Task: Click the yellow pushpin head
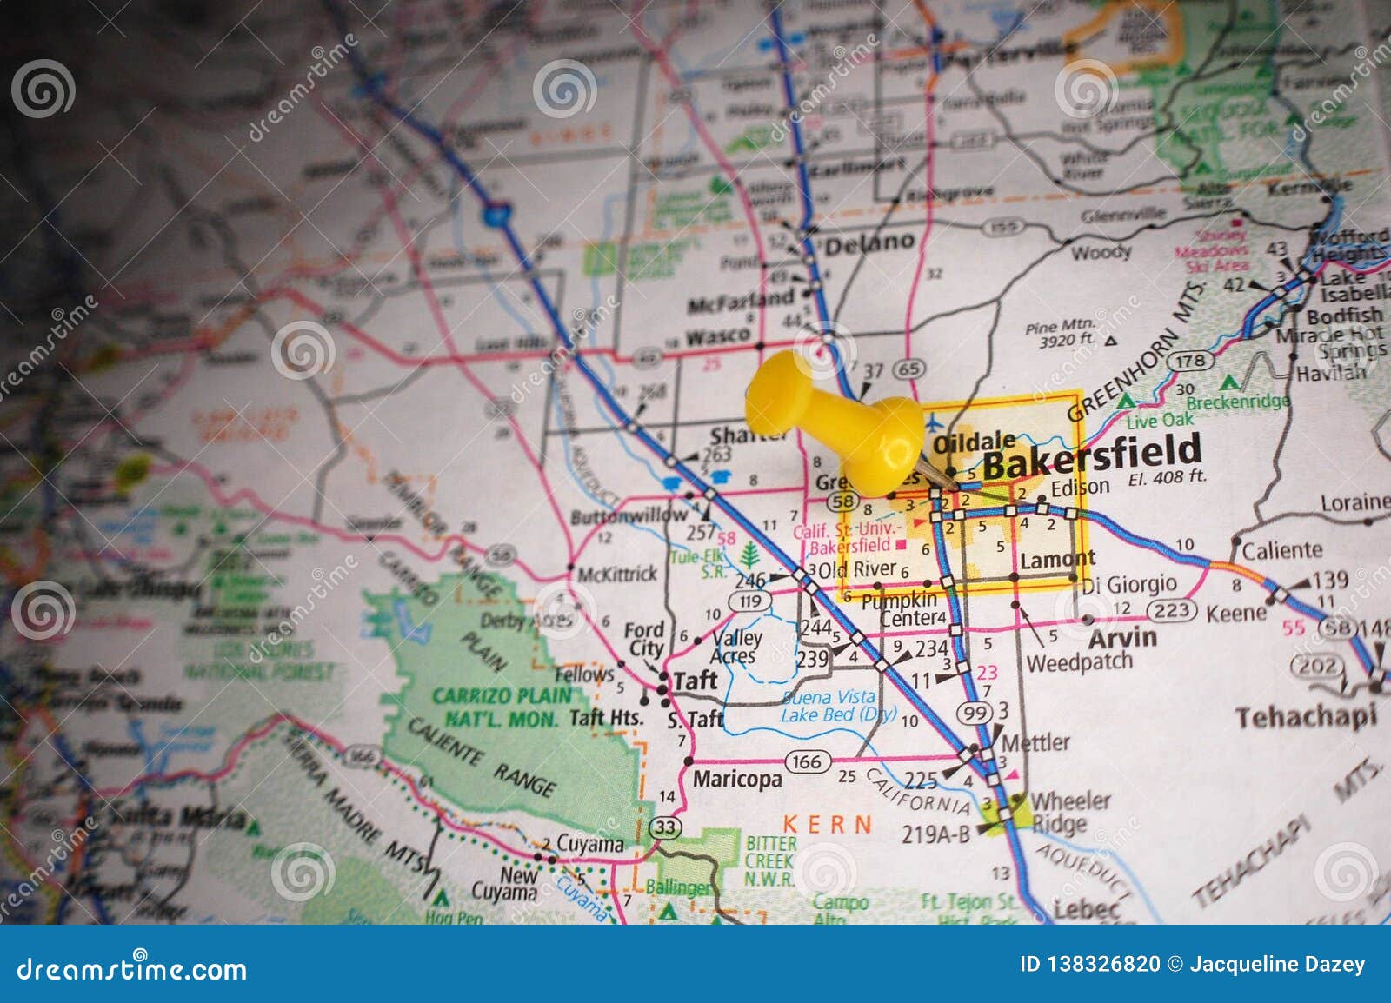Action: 787,393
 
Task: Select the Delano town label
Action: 869,243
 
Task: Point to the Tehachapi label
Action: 1306,717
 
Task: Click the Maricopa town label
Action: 736,779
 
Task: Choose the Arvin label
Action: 1122,638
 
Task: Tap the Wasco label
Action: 718,336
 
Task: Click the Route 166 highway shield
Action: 805,762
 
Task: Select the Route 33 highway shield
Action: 665,827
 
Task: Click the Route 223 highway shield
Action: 1171,610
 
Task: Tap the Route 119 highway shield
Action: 749,601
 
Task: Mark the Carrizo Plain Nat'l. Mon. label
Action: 502,707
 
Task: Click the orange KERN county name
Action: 828,824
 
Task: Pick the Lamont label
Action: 1057,561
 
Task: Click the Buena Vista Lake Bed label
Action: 827,707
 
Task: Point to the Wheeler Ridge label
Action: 1069,812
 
